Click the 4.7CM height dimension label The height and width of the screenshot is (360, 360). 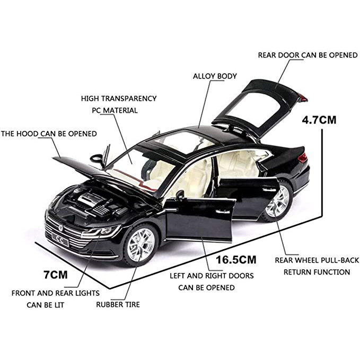(x=319, y=120)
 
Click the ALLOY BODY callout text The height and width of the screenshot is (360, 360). (x=215, y=76)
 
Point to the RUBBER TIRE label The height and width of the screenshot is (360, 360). (x=118, y=305)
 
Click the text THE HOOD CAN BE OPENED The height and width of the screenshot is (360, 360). (x=49, y=134)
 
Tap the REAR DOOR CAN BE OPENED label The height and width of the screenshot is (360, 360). (x=300, y=55)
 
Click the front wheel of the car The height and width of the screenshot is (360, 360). (x=141, y=245)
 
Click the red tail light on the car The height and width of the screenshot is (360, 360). (x=302, y=157)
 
